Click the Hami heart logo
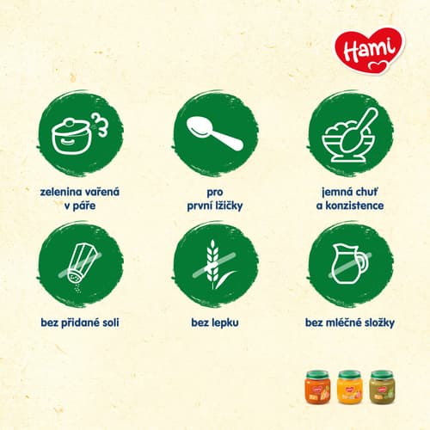click(370, 51)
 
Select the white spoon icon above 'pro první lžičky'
click(215, 134)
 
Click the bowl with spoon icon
click(350, 135)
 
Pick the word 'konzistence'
click(354, 206)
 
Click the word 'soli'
click(111, 322)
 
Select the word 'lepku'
click(227, 323)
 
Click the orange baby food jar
click(317, 387)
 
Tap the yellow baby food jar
click(350, 387)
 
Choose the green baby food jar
click(383, 387)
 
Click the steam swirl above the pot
click(101, 124)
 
